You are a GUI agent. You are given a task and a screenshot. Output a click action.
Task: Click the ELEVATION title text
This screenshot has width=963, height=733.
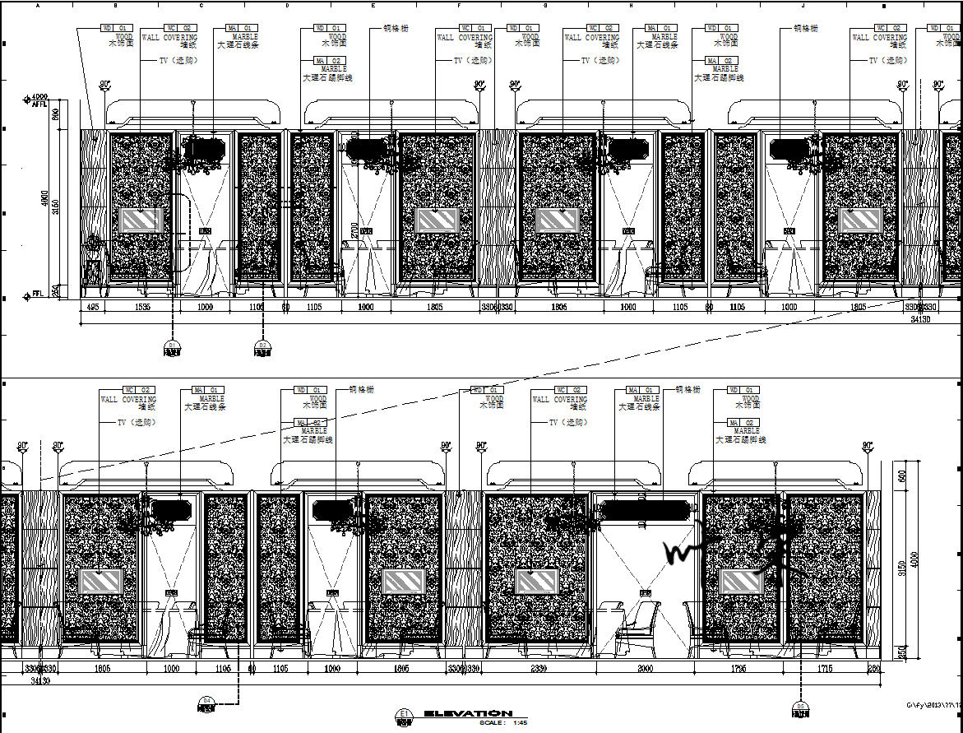click(468, 713)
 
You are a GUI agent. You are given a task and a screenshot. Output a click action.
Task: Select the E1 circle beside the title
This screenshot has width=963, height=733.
click(403, 715)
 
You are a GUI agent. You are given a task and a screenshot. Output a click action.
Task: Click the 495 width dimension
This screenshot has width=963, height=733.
click(92, 307)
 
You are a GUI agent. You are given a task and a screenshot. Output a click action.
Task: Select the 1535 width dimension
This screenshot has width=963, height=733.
click(141, 307)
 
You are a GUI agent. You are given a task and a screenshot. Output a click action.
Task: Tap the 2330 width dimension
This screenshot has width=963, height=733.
click(538, 669)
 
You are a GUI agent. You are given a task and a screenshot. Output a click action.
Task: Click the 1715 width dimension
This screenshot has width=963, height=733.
click(826, 669)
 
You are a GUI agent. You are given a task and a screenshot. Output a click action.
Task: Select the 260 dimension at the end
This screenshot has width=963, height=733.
click(873, 669)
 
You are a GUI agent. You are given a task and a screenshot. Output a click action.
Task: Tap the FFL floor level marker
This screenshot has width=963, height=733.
click(35, 293)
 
